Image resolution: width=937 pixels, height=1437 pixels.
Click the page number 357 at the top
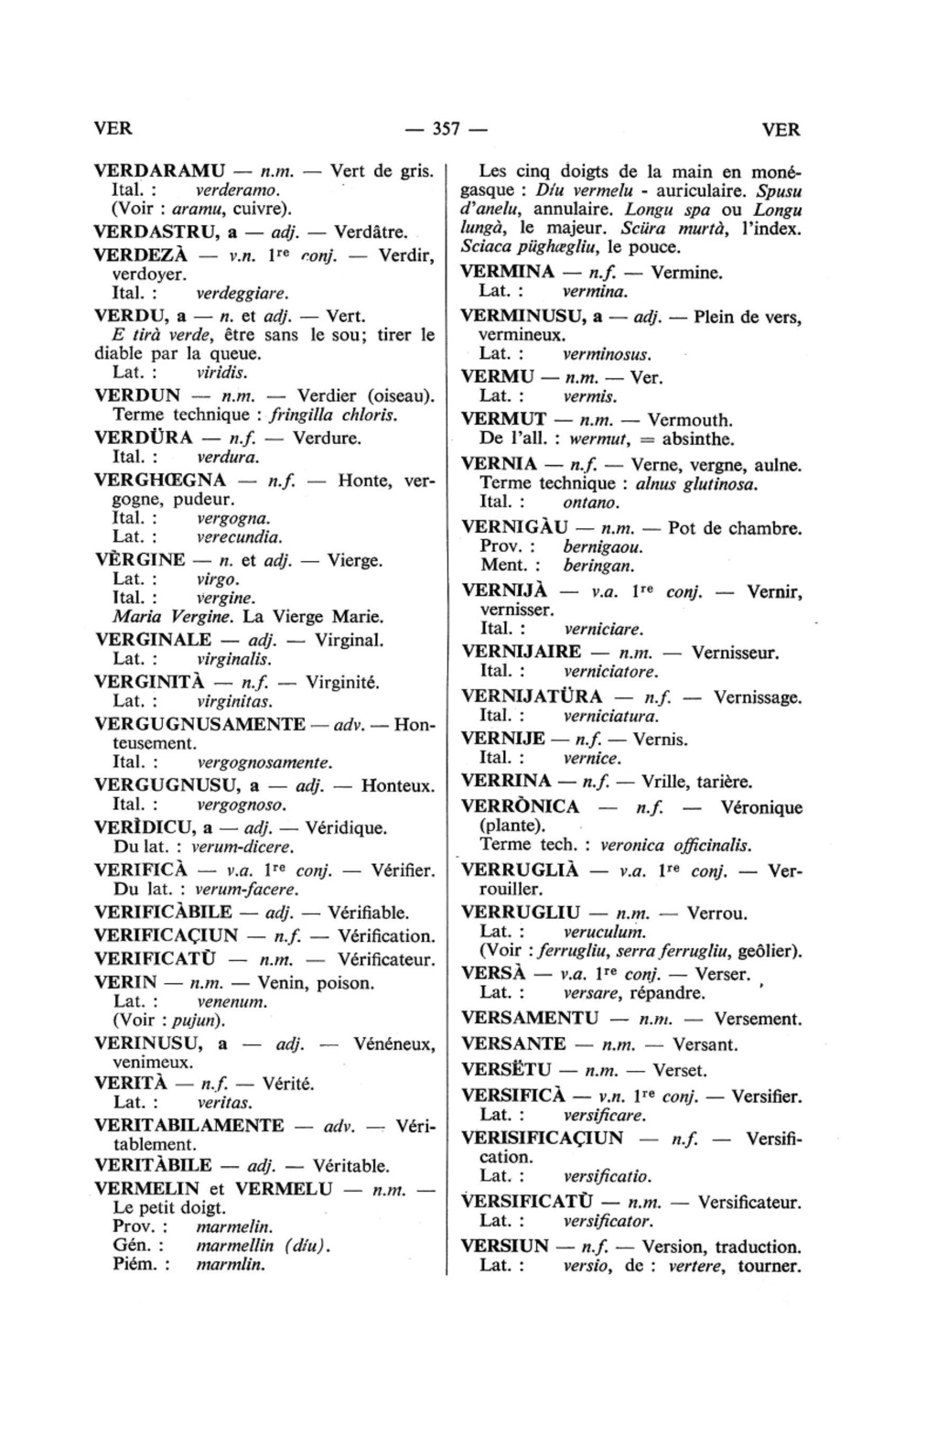coord(446,129)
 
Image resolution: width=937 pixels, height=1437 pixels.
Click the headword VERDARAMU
coord(160,171)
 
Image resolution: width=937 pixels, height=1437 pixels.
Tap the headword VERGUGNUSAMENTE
coord(199,725)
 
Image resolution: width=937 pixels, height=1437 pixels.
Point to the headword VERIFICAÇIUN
coord(167,936)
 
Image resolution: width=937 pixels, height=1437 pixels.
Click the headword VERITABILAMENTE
coord(189,1125)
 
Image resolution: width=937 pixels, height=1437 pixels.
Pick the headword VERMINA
coord(508,272)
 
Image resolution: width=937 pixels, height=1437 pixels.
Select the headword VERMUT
coord(504,420)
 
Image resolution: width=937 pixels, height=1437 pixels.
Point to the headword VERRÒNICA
coord(521,806)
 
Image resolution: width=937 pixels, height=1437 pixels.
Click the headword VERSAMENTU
coord(531,1018)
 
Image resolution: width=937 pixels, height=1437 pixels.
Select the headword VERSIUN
coord(505,1246)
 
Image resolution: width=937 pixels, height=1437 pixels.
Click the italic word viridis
coord(222,373)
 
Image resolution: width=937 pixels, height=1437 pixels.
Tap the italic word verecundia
coord(240,537)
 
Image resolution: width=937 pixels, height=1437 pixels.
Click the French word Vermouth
coord(691,421)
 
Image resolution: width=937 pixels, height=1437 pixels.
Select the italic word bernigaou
coord(603,547)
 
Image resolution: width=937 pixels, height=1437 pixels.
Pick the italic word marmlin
coord(231,1265)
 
